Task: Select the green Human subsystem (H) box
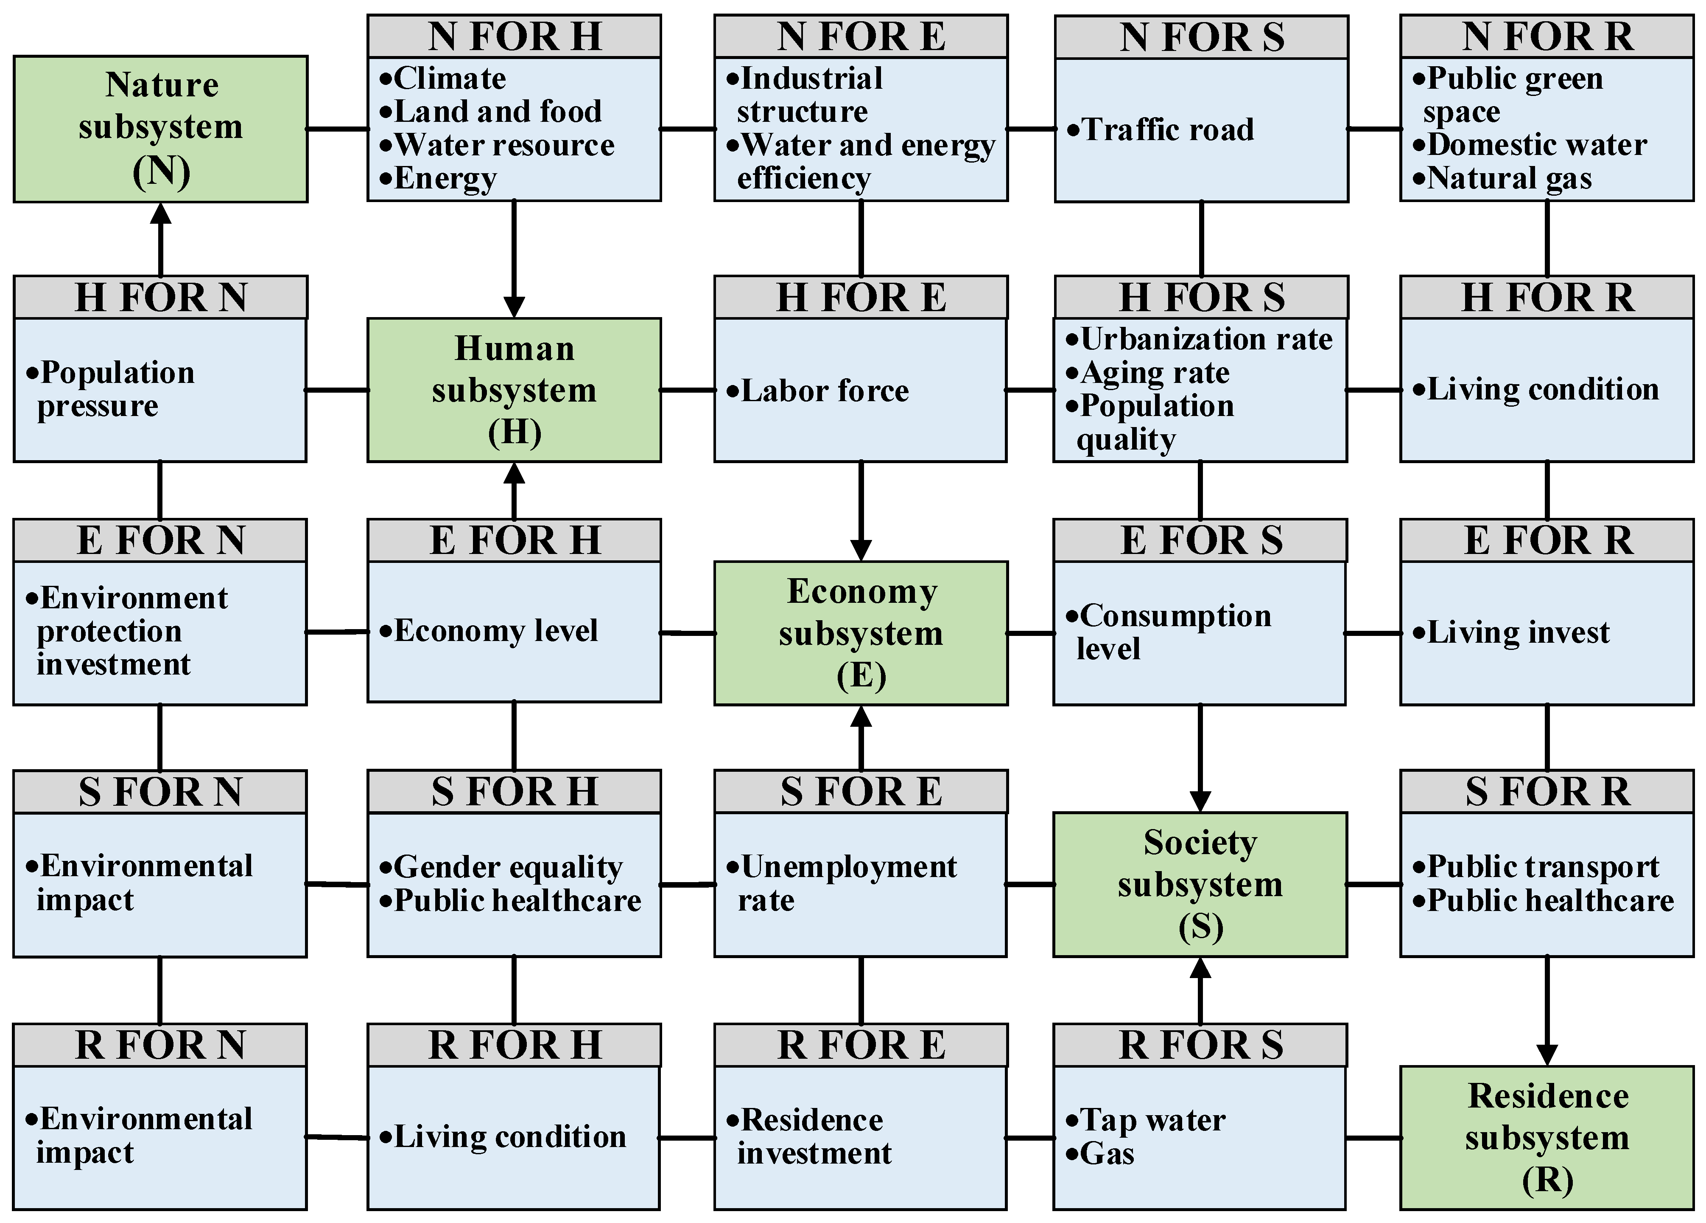tap(514, 390)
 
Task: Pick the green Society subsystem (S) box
tap(1200, 884)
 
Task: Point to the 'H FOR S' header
tap(1201, 297)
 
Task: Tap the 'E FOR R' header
tap(1547, 540)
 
